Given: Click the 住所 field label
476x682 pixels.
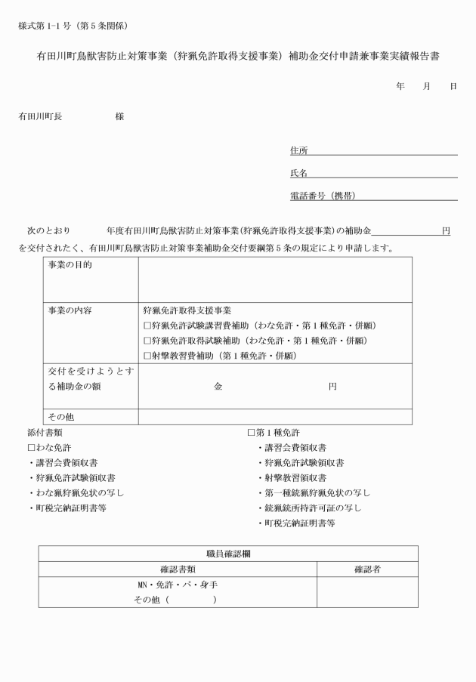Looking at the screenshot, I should [298, 151].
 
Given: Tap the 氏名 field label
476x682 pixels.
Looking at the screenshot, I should [298, 174].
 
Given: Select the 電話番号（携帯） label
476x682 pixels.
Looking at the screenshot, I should [323, 196].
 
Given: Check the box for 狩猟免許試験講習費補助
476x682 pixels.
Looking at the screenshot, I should [147, 326].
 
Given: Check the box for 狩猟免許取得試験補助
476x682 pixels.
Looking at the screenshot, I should [147, 341].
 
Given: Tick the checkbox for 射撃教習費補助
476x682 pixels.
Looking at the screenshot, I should [147, 356].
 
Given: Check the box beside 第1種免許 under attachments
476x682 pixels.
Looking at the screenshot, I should [252, 433].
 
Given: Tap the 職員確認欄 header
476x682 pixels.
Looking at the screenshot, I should [228, 554].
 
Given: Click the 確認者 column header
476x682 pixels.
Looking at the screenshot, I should [367, 569].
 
